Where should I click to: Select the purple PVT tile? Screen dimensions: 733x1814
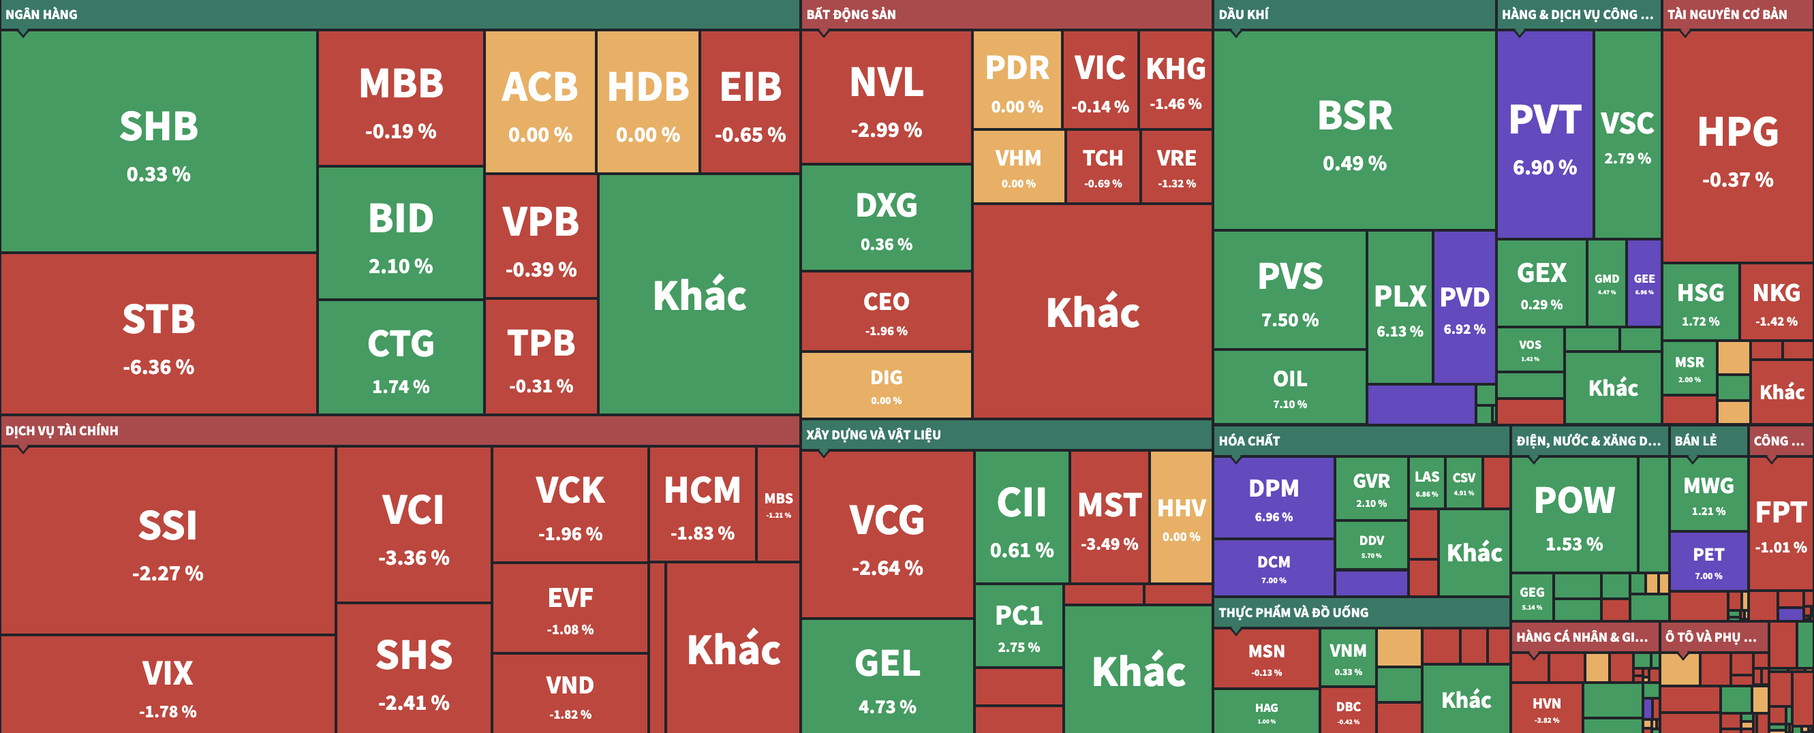pyautogui.click(x=1544, y=134)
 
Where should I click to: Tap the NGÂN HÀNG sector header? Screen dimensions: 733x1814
pyautogui.click(x=42, y=14)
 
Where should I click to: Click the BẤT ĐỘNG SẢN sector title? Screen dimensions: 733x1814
pyautogui.click(x=850, y=14)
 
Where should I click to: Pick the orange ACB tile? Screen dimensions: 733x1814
pyautogui.click(x=540, y=102)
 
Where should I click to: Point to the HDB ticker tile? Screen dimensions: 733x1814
pyautogui.click(x=648, y=102)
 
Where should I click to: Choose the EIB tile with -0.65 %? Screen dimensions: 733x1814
pyautogui.click(x=750, y=102)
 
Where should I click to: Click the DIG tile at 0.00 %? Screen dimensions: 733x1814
pyautogui.click(x=886, y=385)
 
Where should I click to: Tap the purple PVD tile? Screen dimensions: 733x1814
pyautogui.click(x=1464, y=307)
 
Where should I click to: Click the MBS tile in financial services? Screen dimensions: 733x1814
pyautogui.click(x=778, y=503)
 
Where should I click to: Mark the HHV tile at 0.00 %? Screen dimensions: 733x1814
pyautogui.click(x=1181, y=518)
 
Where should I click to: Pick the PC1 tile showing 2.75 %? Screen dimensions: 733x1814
pyautogui.click(x=1018, y=625)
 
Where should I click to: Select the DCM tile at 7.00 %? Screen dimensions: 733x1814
pyautogui.click(x=1273, y=567)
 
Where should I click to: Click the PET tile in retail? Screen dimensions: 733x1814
pyautogui.click(x=1708, y=561)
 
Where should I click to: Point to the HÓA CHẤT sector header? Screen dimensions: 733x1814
pyautogui.click(x=1249, y=441)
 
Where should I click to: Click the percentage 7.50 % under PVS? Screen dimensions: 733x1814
pyautogui.click(x=1289, y=320)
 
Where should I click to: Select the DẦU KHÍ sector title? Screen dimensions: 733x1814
pyautogui.click(x=1244, y=14)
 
